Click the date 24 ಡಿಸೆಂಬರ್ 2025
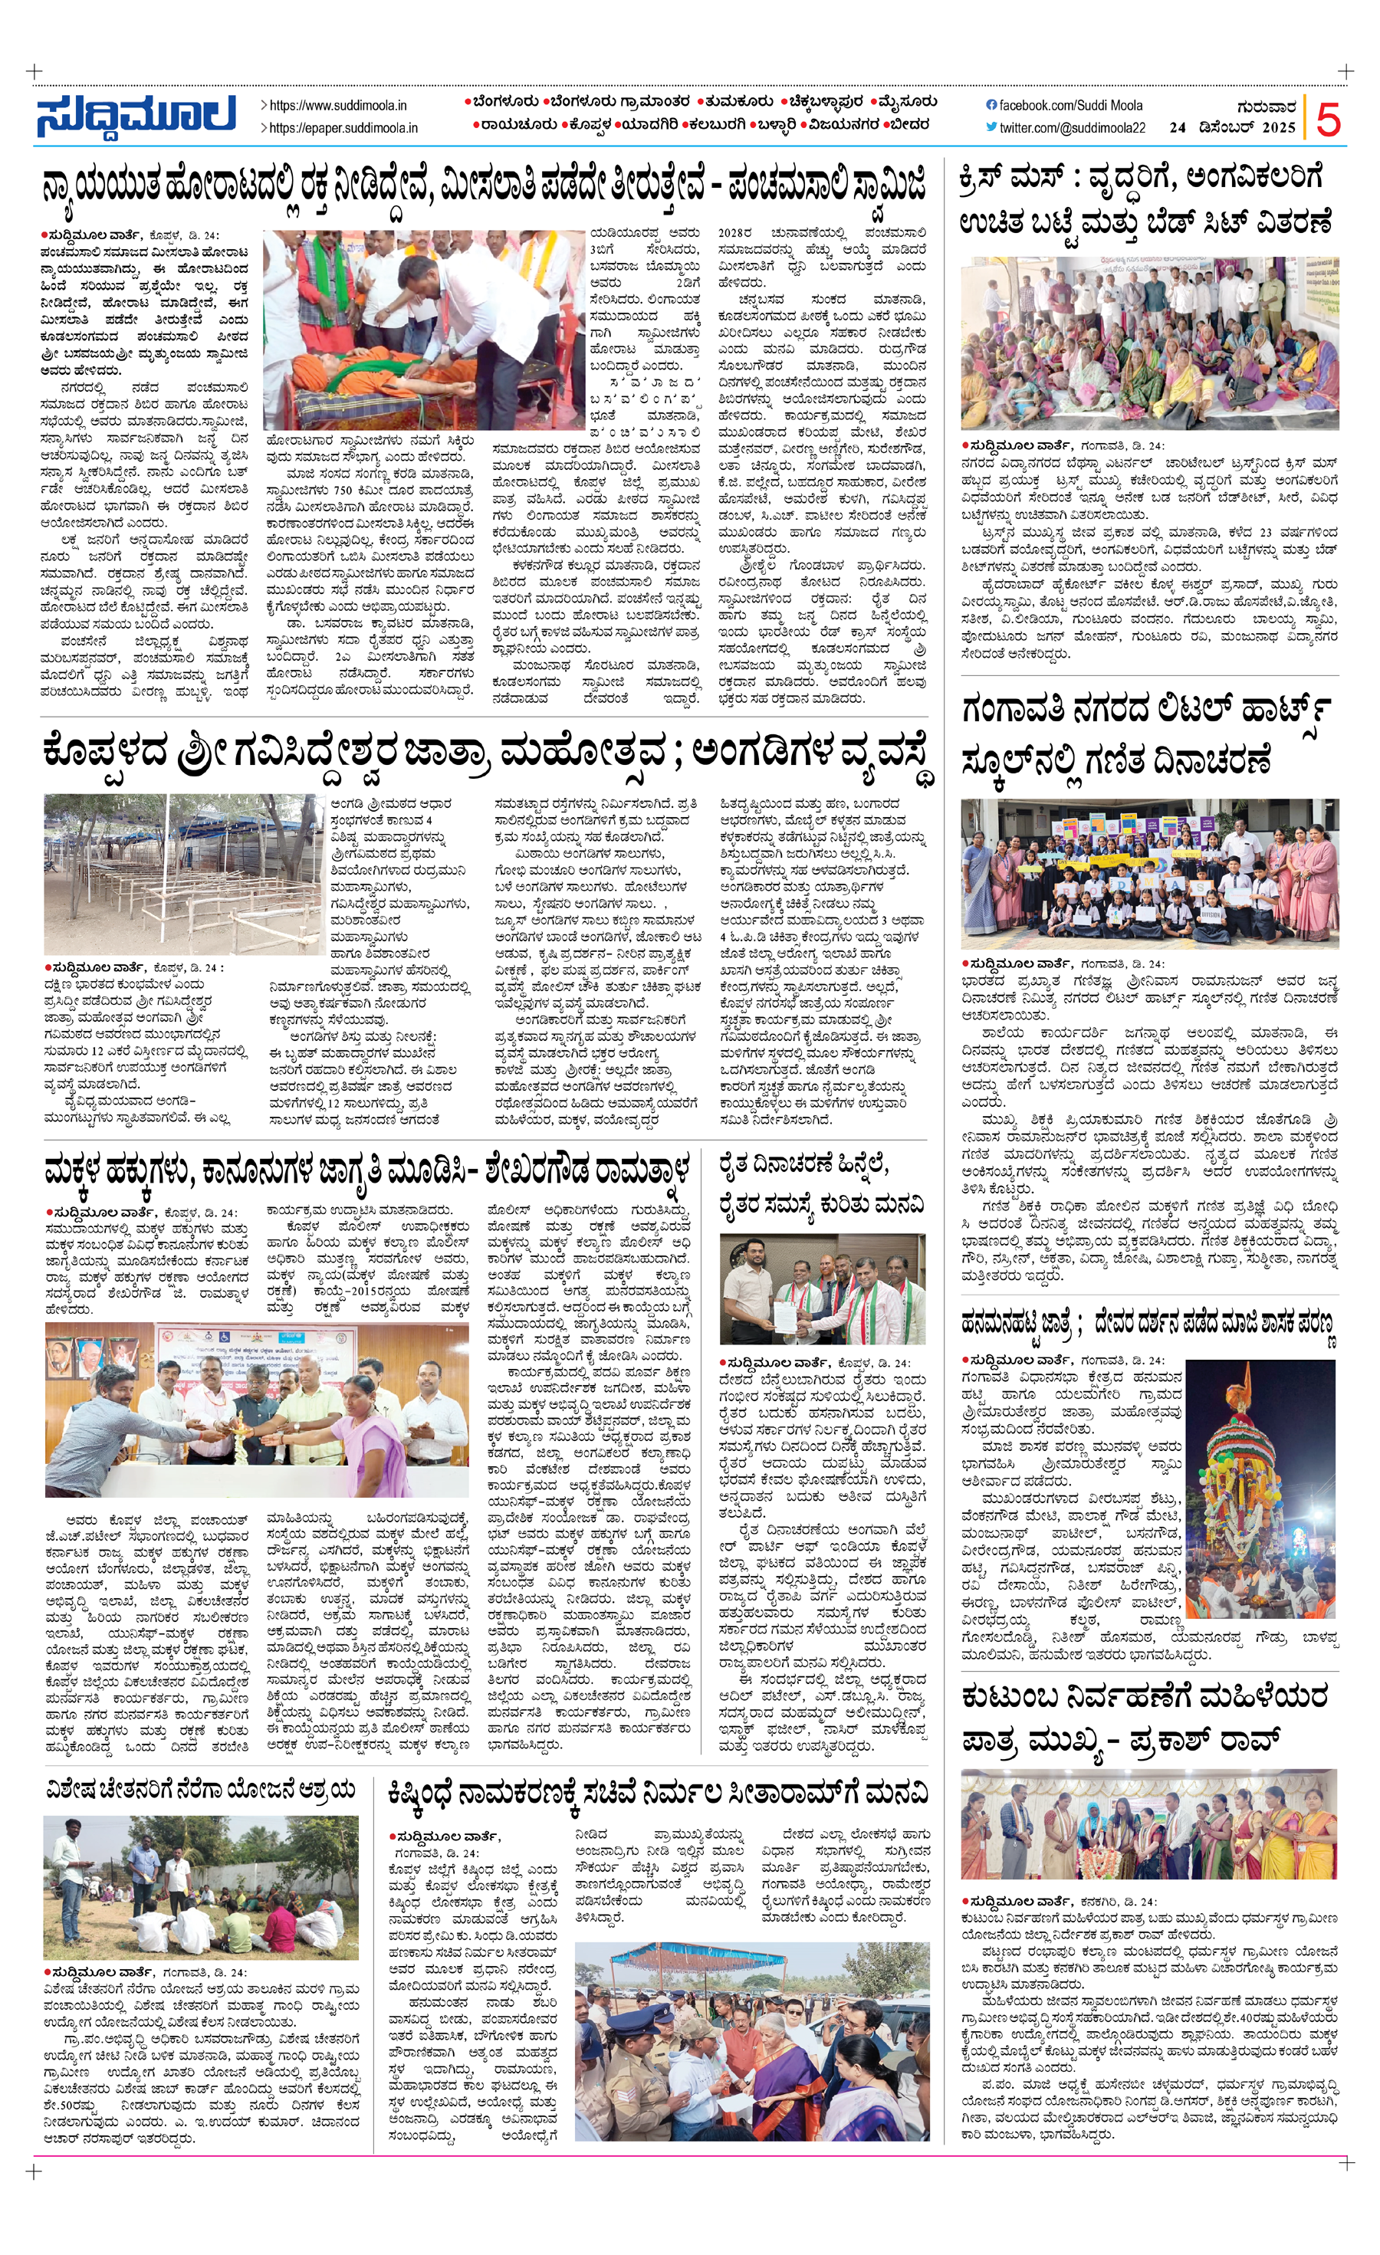tap(1232, 128)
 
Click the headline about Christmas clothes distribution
tap(1144, 200)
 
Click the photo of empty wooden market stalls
tap(183, 874)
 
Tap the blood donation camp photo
tap(422, 330)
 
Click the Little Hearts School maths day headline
tap(1144, 736)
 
